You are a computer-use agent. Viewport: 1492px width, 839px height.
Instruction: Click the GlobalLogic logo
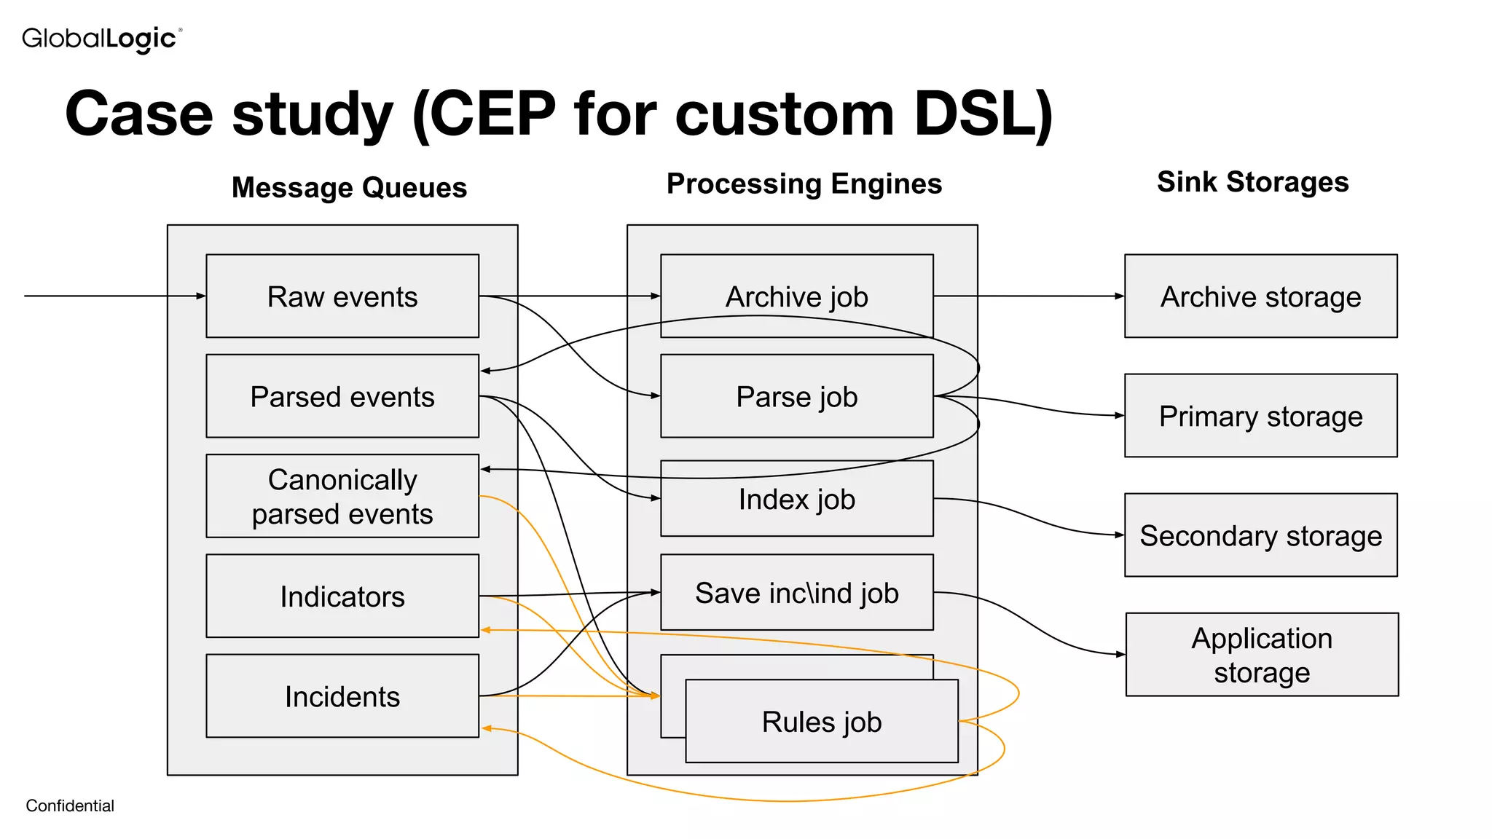(x=101, y=39)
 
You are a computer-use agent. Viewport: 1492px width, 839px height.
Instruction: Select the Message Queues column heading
(x=349, y=188)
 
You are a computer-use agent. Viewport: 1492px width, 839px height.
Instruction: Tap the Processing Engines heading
(x=804, y=184)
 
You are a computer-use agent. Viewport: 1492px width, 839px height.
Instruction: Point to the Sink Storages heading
(x=1252, y=182)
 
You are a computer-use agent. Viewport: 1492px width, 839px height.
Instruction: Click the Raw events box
(x=342, y=296)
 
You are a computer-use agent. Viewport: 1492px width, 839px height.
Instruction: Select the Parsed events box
(x=342, y=397)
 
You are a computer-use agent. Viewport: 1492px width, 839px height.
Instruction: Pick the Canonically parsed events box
(x=342, y=497)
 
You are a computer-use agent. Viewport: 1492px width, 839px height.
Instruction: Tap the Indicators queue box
(x=342, y=596)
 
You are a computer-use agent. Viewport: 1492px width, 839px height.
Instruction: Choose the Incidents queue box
(x=342, y=696)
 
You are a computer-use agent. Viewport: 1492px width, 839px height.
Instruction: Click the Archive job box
(x=796, y=296)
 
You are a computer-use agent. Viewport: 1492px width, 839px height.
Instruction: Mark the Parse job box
(x=796, y=397)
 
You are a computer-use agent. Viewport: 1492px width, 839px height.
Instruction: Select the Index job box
(x=796, y=500)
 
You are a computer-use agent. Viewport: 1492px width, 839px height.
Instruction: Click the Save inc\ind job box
(x=796, y=593)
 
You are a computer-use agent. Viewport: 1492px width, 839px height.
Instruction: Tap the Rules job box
(x=822, y=722)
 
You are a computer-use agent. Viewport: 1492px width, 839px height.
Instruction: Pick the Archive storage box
(x=1260, y=296)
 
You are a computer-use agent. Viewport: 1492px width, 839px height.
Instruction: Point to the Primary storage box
(x=1260, y=416)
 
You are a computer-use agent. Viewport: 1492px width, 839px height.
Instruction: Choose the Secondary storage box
(x=1260, y=535)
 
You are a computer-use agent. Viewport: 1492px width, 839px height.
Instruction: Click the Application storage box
(x=1262, y=655)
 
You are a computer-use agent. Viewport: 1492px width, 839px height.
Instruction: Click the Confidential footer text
(x=70, y=805)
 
